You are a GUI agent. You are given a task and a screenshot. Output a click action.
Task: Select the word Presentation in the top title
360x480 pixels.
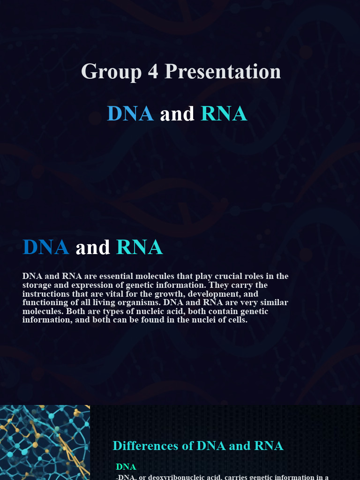tap(223, 72)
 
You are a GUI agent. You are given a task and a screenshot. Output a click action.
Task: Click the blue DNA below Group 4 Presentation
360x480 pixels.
tap(130, 114)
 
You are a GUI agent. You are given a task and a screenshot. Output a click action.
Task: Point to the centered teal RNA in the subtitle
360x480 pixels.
tap(224, 114)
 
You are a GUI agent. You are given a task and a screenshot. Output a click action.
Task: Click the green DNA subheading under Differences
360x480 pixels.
tap(126, 467)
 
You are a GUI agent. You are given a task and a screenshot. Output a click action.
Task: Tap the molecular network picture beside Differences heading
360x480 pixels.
tap(45, 442)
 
